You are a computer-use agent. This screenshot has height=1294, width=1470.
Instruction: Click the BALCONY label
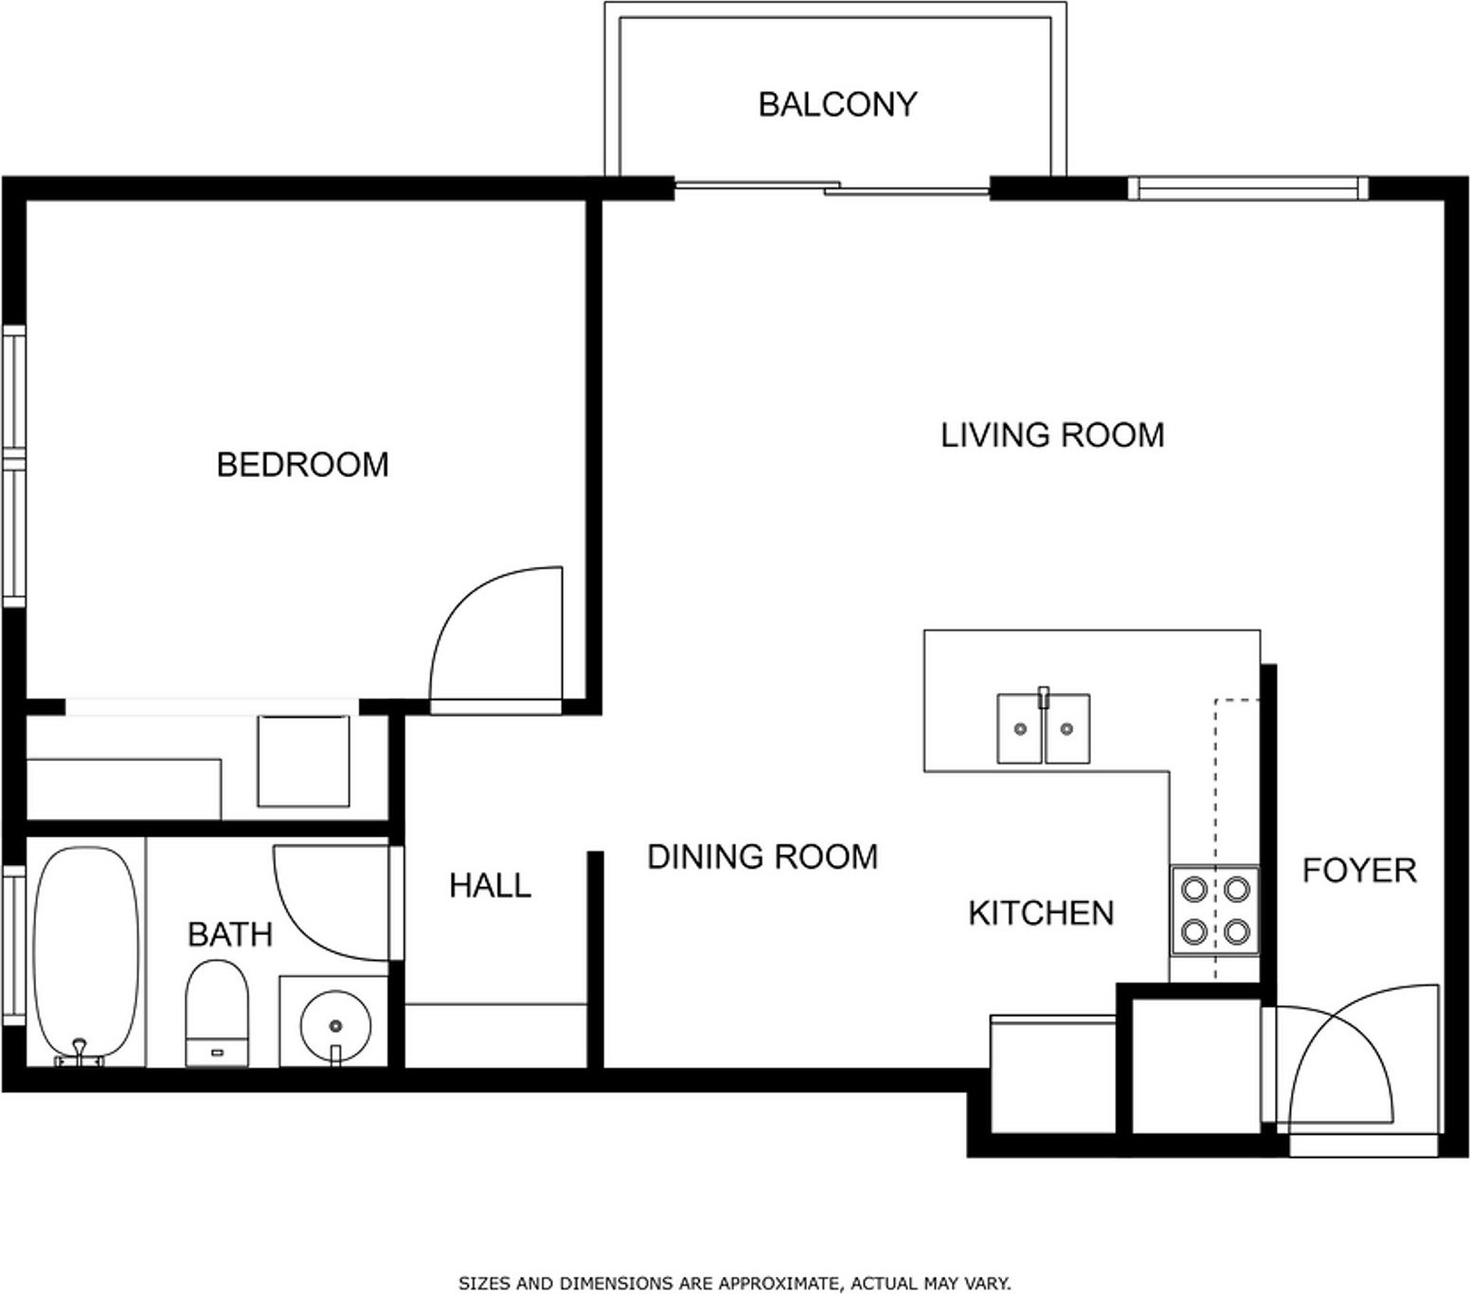pyautogui.click(x=837, y=103)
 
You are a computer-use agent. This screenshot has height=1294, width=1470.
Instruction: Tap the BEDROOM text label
pyautogui.click(x=302, y=465)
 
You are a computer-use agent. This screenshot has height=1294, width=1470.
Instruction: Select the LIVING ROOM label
pyautogui.click(x=1052, y=434)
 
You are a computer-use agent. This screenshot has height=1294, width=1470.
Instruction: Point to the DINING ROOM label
pyautogui.click(x=762, y=856)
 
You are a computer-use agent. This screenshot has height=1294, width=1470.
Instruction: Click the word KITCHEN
pyautogui.click(x=1041, y=913)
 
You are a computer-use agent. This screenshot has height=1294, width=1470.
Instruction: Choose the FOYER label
pyautogui.click(x=1359, y=870)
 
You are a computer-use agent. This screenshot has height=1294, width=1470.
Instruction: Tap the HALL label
pyautogui.click(x=490, y=885)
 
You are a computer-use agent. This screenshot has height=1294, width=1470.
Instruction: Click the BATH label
pyautogui.click(x=230, y=934)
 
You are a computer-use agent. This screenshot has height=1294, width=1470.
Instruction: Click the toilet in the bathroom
pyautogui.click(x=217, y=1013)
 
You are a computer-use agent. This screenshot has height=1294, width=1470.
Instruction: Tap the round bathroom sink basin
pyautogui.click(x=335, y=1025)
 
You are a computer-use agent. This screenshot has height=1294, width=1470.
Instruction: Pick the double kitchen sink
pyautogui.click(x=1043, y=727)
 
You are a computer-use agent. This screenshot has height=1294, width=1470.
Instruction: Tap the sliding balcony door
pyautogui.click(x=833, y=187)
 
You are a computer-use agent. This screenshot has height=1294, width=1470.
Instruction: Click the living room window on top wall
pyautogui.click(x=1249, y=188)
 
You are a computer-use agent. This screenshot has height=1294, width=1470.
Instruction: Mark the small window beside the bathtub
pyautogui.click(x=13, y=945)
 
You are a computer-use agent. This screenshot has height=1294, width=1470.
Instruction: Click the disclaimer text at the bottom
pyautogui.click(x=735, y=1283)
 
